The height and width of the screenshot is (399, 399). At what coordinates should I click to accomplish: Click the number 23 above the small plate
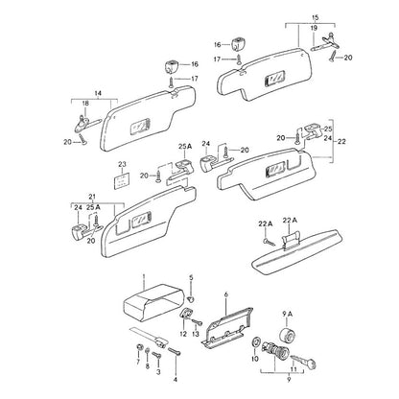(x=122, y=164)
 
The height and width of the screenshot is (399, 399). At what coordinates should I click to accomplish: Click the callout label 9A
(x=288, y=315)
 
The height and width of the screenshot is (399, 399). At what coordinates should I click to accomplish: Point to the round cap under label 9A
(x=288, y=336)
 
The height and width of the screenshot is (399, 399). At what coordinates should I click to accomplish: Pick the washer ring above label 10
(x=256, y=341)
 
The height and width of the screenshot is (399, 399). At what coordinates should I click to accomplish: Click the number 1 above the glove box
(x=144, y=276)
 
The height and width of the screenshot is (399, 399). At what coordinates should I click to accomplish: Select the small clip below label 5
(x=191, y=299)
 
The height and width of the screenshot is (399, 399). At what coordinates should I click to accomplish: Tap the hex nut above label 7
(x=139, y=346)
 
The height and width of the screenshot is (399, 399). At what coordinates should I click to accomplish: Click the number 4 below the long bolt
(x=176, y=380)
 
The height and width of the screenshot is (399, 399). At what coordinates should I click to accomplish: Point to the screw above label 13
(x=197, y=322)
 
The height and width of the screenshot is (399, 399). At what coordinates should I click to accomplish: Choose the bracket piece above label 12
(x=185, y=314)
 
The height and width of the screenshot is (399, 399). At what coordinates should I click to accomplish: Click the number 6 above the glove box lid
(x=226, y=293)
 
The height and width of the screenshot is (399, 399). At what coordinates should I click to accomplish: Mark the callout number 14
(x=98, y=94)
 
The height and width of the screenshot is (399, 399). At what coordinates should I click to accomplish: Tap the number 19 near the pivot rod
(x=314, y=28)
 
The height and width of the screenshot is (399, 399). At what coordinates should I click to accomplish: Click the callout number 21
(x=92, y=197)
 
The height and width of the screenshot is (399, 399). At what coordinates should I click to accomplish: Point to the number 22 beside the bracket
(x=341, y=141)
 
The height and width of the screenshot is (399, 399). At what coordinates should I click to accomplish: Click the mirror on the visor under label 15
(x=275, y=79)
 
